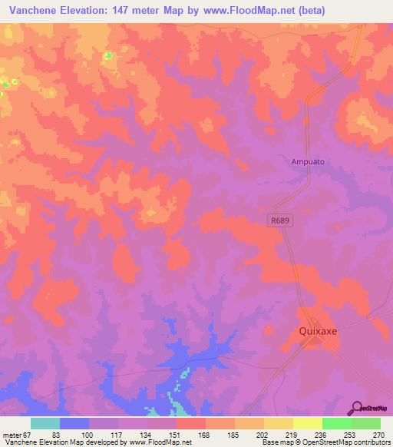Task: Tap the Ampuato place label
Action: (x=305, y=162)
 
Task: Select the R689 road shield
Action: (x=281, y=220)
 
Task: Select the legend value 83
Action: (x=54, y=434)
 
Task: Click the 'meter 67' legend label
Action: (x=15, y=434)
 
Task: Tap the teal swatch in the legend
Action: (x=45, y=423)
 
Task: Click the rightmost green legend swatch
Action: (x=366, y=423)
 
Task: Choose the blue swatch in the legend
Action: (x=74, y=423)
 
